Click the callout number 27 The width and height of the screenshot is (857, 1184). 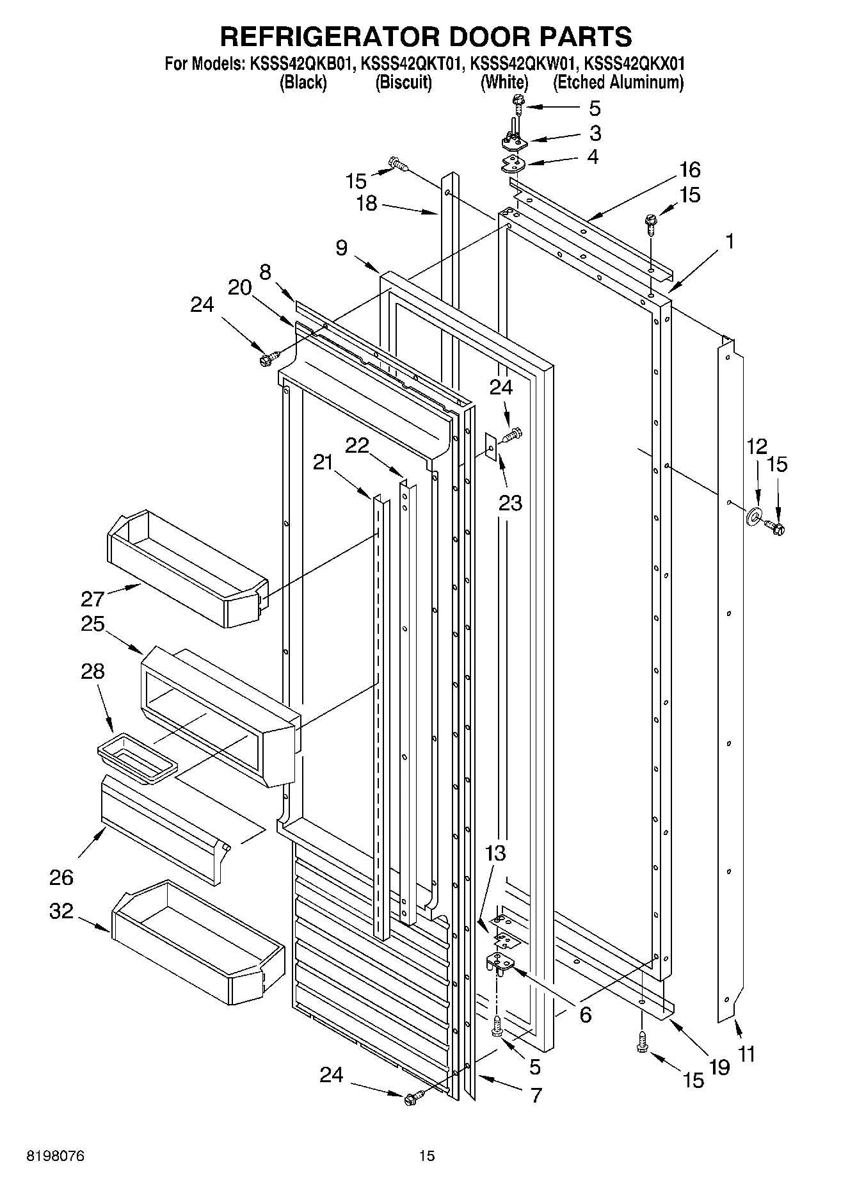tap(92, 599)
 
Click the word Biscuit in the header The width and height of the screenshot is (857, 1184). tap(403, 83)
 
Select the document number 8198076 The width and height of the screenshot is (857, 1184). tap(55, 1156)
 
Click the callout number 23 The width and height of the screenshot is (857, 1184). tap(510, 503)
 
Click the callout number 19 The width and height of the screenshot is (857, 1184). tap(719, 1067)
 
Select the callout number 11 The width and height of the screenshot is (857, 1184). tap(747, 1053)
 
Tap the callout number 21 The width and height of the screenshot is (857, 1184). tap(323, 461)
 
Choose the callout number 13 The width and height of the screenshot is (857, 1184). tap(495, 853)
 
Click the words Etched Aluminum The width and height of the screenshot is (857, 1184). tap(618, 83)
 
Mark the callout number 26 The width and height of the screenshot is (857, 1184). tap(61, 877)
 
